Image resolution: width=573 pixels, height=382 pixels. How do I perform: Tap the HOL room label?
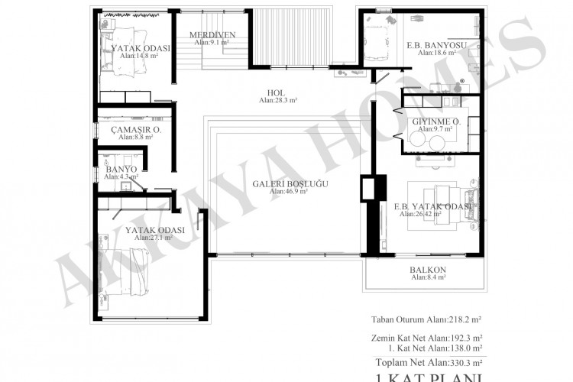point(277,92)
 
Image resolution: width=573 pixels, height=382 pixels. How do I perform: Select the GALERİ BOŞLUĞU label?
point(289,183)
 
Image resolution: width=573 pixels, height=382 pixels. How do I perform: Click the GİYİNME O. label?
point(435,122)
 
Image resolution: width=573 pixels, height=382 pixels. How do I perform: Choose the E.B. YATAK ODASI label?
point(432,206)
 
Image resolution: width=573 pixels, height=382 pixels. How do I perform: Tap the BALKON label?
point(428,270)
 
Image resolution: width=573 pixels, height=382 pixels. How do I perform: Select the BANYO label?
point(121,169)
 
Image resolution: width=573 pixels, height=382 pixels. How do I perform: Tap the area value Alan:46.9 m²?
point(289,192)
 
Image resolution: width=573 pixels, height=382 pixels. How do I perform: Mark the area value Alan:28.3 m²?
point(277,100)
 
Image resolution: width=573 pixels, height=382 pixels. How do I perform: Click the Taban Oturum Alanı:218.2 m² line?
point(430,319)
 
